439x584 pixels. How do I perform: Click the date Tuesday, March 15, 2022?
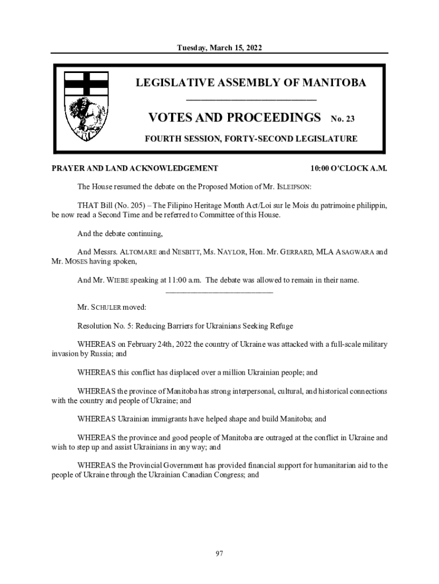click(x=219, y=47)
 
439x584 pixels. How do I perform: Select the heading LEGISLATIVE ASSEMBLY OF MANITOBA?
click(x=251, y=83)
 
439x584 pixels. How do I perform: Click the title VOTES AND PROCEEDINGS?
click(x=234, y=118)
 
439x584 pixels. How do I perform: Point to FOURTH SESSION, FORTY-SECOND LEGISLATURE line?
click(x=251, y=139)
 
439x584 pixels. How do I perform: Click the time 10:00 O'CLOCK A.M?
click(x=349, y=169)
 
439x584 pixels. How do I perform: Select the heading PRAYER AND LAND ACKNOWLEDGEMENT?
click(x=135, y=169)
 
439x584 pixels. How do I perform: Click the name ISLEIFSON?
click(x=292, y=186)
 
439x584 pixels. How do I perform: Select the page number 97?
click(x=219, y=553)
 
